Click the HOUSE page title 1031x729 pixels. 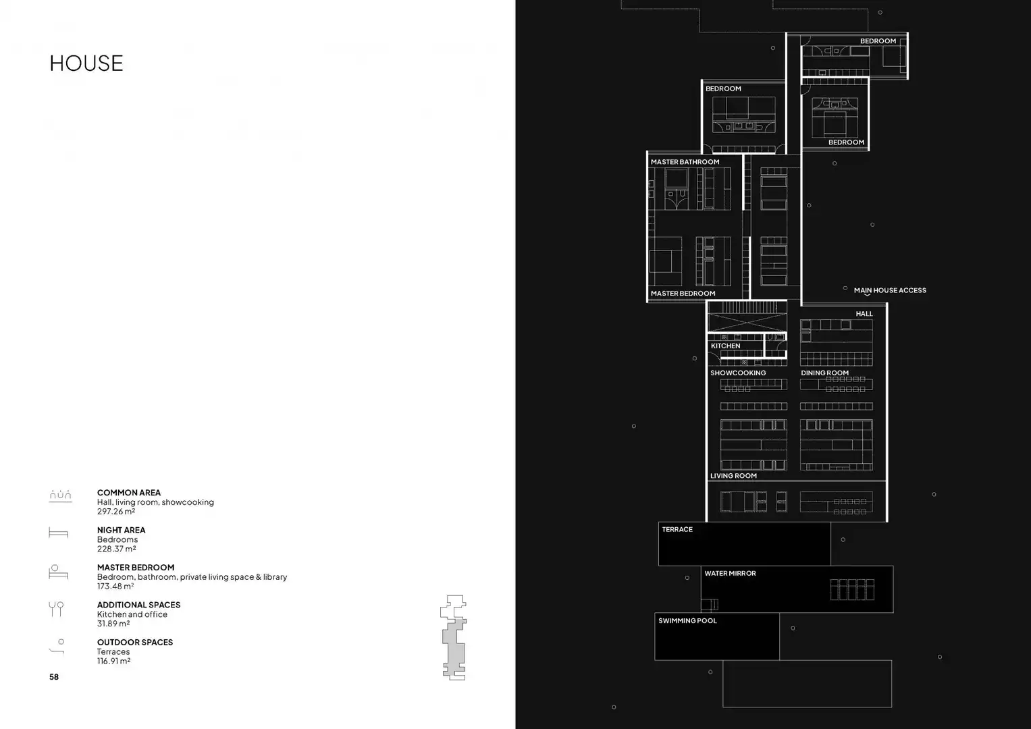(x=86, y=63)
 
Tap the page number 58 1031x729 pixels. (x=54, y=676)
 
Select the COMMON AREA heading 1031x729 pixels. (x=129, y=493)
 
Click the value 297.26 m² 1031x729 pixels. (x=116, y=512)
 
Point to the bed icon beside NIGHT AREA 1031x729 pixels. (x=58, y=533)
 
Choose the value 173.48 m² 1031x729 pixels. (x=115, y=587)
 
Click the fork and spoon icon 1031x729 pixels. (x=56, y=609)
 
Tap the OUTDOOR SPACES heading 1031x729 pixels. (x=135, y=642)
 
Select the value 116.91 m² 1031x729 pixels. (x=113, y=661)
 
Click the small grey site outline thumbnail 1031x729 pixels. (x=454, y=637)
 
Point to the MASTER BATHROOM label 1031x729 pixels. (x=685, y=162)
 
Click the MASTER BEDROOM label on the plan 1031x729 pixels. (x=683, y=293)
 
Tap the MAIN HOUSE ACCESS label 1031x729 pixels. (x=890, y=290)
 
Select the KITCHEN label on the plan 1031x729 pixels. (x=725, y=346)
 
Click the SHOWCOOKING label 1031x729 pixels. (x=738, y=373)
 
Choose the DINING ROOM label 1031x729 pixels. (x=825, y=373)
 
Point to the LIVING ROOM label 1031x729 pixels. (x=733, y=476)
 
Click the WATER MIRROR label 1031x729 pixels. (x=730, y=574)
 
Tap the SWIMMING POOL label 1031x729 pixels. (x=687, y=621)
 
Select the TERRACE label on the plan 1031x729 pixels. (x=677, y=530)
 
